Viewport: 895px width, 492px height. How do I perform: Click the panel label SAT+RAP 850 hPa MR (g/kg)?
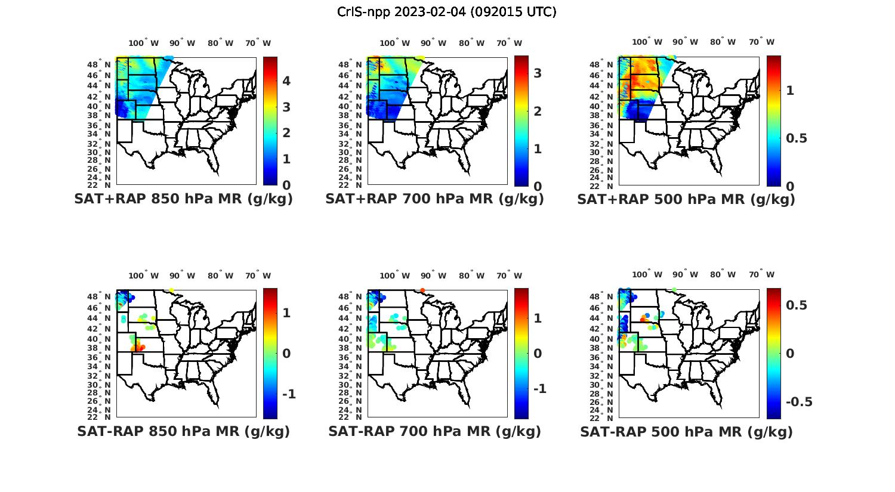pyautogui.click(x=183, y=199)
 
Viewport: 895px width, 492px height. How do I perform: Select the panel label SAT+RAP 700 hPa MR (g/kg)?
pyautogui.click(x=434, y=199)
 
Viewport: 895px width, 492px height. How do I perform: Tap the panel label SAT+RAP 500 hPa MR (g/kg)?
pyautogui.click(x=686, y=200)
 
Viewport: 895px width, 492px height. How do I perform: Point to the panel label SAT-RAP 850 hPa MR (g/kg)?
pyautogui.click(x=183, y=431)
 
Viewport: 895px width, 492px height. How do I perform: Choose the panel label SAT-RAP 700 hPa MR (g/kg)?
pyautogui.click(x=434, y=431)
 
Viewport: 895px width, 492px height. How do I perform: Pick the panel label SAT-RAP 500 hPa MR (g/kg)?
pyautogui.click(x=686, y=432)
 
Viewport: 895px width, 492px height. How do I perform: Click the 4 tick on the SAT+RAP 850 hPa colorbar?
pyautogui.click(x=286, y=81)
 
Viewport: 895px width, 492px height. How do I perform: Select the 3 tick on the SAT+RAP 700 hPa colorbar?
pyautogui.click(x=538, y=73)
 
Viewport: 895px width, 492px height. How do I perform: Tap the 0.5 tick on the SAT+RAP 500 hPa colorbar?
pyautogui.click(x=797, y=138)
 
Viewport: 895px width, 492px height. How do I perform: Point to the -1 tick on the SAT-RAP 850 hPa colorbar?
pyautogui.click(x=289, y=394)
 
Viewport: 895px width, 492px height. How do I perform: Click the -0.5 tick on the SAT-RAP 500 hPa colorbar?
pyautogui.click(x=799, y=402)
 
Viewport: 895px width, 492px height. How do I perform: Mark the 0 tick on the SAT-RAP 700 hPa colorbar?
pyautogui.click(x=538, y=354)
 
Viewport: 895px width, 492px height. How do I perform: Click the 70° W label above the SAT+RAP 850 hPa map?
pyautogui.click(x=258, y=43)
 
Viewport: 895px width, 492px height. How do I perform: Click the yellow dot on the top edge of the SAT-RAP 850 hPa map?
pyautogui.click(x=172, y=290)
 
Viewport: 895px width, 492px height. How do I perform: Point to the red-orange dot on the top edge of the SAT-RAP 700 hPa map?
pyautogui.click(x=423, y=290)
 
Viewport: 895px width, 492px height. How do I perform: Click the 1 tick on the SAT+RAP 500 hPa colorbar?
pyautogui.click(x=790, y=91)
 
